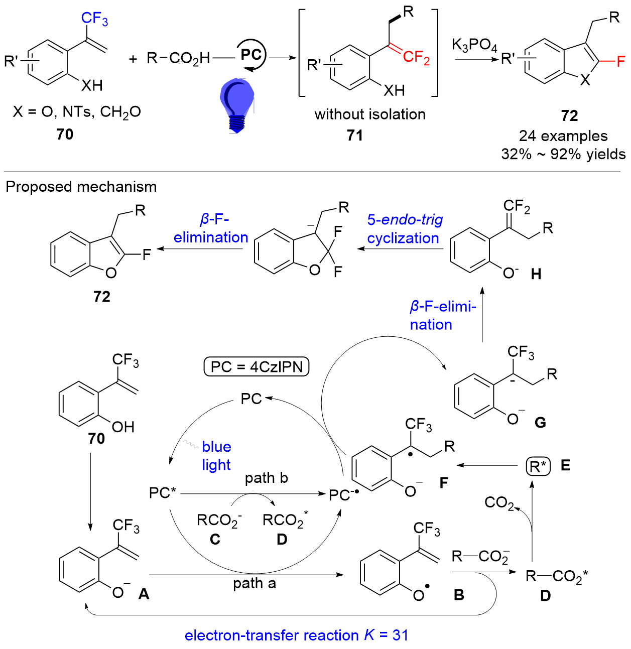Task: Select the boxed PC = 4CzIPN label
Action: point(256,367)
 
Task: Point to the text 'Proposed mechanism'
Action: point(81,186)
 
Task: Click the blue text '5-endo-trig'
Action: point(405,219)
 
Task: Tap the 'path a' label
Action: point(254,583)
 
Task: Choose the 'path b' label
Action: point(266,478)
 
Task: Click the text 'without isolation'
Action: point(370,114)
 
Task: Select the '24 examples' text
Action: point(563,136)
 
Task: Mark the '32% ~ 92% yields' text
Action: point(563,154)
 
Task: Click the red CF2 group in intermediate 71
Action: point(416,57)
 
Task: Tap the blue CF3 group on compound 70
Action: point(94,19)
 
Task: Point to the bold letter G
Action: point(540,423)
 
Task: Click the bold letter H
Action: point(536,274)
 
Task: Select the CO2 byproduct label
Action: point(499,502)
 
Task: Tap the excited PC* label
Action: point(163,493)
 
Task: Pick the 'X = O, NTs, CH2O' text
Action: point(77,112)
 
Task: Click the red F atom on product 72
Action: point(620,62)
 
